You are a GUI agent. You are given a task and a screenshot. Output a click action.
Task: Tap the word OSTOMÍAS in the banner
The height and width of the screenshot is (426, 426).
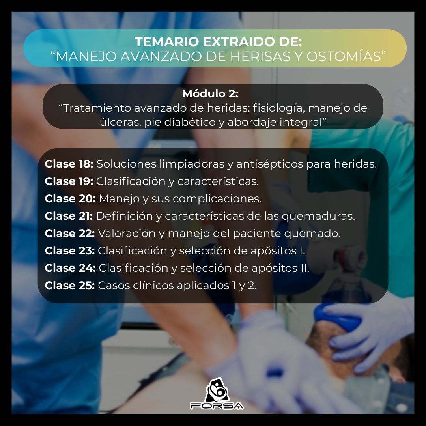click(x=344, y=56)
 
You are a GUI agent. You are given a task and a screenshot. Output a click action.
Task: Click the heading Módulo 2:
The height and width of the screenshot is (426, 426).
click(x=210, y=93)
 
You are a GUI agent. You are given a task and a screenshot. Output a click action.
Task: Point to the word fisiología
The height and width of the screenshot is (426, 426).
click(x=279, y=108)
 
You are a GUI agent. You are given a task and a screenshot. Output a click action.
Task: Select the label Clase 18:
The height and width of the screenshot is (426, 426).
click(x=69, y=164)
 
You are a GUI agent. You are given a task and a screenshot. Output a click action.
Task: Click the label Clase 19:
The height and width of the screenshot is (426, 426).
click(x=69, y=181)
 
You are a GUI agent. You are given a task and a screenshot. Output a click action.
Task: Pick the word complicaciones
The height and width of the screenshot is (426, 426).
click(x=217, y=199)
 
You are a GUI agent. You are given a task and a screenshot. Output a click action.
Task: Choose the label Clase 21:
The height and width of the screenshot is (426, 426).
click(x=69, y=216)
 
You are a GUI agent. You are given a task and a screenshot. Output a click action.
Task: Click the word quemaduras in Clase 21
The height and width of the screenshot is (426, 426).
click(x=318, y=216)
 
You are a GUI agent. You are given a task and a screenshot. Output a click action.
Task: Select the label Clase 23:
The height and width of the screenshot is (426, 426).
click(x=70, y=251)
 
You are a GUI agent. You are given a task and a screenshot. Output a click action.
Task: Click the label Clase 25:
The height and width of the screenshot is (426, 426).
click(x=70, y=286)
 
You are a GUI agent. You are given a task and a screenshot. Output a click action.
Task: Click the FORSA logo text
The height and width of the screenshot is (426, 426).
click(x=217, y=405)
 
